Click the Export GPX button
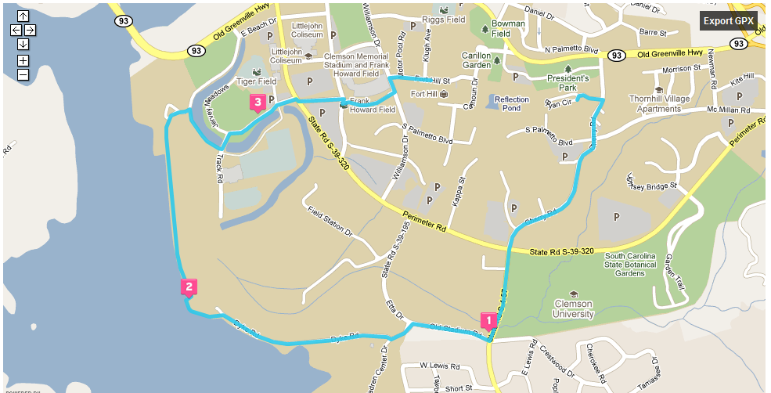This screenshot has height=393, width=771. click(x=728, y=20)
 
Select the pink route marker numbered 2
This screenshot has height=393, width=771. click(x=189, y=287)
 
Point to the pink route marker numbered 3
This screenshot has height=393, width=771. click(x=257, y=102)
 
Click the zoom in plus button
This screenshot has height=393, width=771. click(x=23, y=60)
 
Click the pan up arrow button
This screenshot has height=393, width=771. click(x=23, y=16)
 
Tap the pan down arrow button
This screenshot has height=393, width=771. click(x=23, y=44)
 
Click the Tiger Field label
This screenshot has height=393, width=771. click(x=256, y=81)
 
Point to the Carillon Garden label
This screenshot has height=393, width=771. click(x=476, y=61)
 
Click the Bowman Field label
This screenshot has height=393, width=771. click(x=512, y=29)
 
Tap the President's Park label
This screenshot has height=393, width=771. click(x=567, y=83)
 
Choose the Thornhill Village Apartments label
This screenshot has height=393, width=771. click(x=658, y=104)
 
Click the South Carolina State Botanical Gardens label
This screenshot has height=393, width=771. click(x=635, y=265)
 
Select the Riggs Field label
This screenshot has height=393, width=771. click(x=443, y=21)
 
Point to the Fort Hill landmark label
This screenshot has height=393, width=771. click(x=428, y=94)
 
